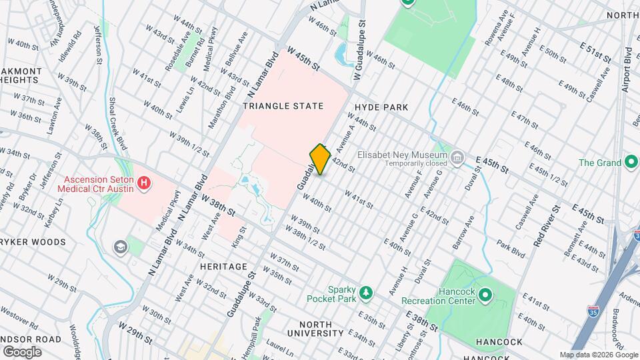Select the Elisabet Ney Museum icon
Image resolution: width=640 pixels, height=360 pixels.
tap(457, 158)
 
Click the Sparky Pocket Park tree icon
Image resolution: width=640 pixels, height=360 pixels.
tap(365, 292)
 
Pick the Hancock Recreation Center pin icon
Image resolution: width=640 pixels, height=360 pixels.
tap(485, 295)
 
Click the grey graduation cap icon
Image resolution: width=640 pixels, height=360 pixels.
tap(121, 247)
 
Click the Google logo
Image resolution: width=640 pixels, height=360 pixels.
tap(22, 351)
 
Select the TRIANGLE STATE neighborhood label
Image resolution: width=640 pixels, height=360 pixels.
tap(283, 106)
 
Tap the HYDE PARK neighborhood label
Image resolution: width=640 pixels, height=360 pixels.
tap(381, 107)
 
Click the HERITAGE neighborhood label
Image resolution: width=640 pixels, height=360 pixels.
tap(223, 266)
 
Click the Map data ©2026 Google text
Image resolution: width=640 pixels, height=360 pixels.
tap(598, 355)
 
